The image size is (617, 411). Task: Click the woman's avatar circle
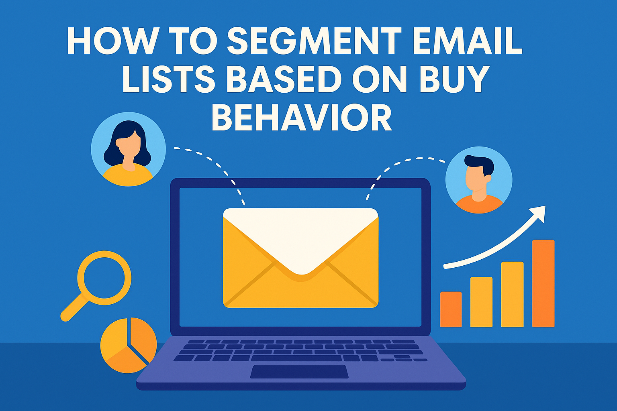click(x=128, y=149)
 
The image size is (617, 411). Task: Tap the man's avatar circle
click(x=479, y=179)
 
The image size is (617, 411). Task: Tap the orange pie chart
click(x=128, y=345)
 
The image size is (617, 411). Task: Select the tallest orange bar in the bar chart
click(x=543, y=283)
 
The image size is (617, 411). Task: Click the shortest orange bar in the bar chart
click(x=451, y=309)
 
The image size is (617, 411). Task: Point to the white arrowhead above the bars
click(x=539, y=213)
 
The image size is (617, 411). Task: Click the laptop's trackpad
click(x=299, y=371)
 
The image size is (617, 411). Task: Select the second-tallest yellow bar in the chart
click(x=512, y=294)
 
